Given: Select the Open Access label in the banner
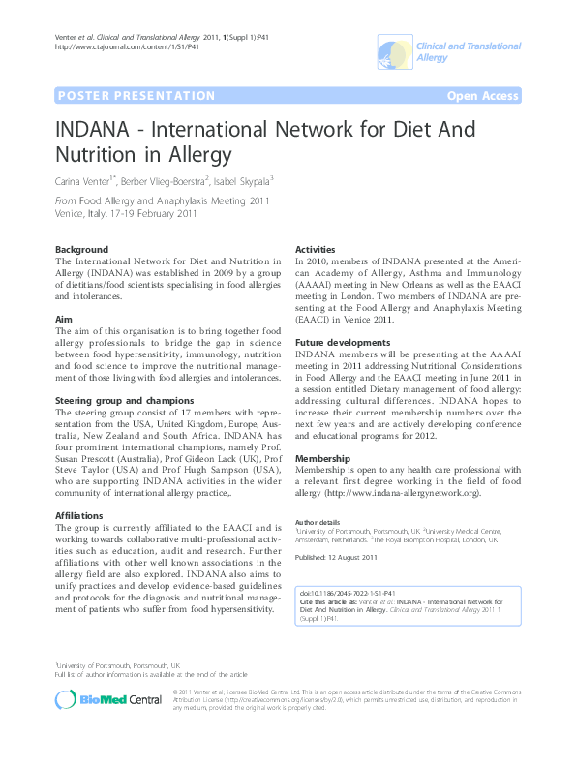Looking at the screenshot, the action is click(482, 96).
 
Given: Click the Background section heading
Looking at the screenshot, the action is click(82, 249).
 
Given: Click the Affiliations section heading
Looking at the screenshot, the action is click(80, 515).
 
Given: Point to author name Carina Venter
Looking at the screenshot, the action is click(84, 179).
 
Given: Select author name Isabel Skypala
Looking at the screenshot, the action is click(243, 179).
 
